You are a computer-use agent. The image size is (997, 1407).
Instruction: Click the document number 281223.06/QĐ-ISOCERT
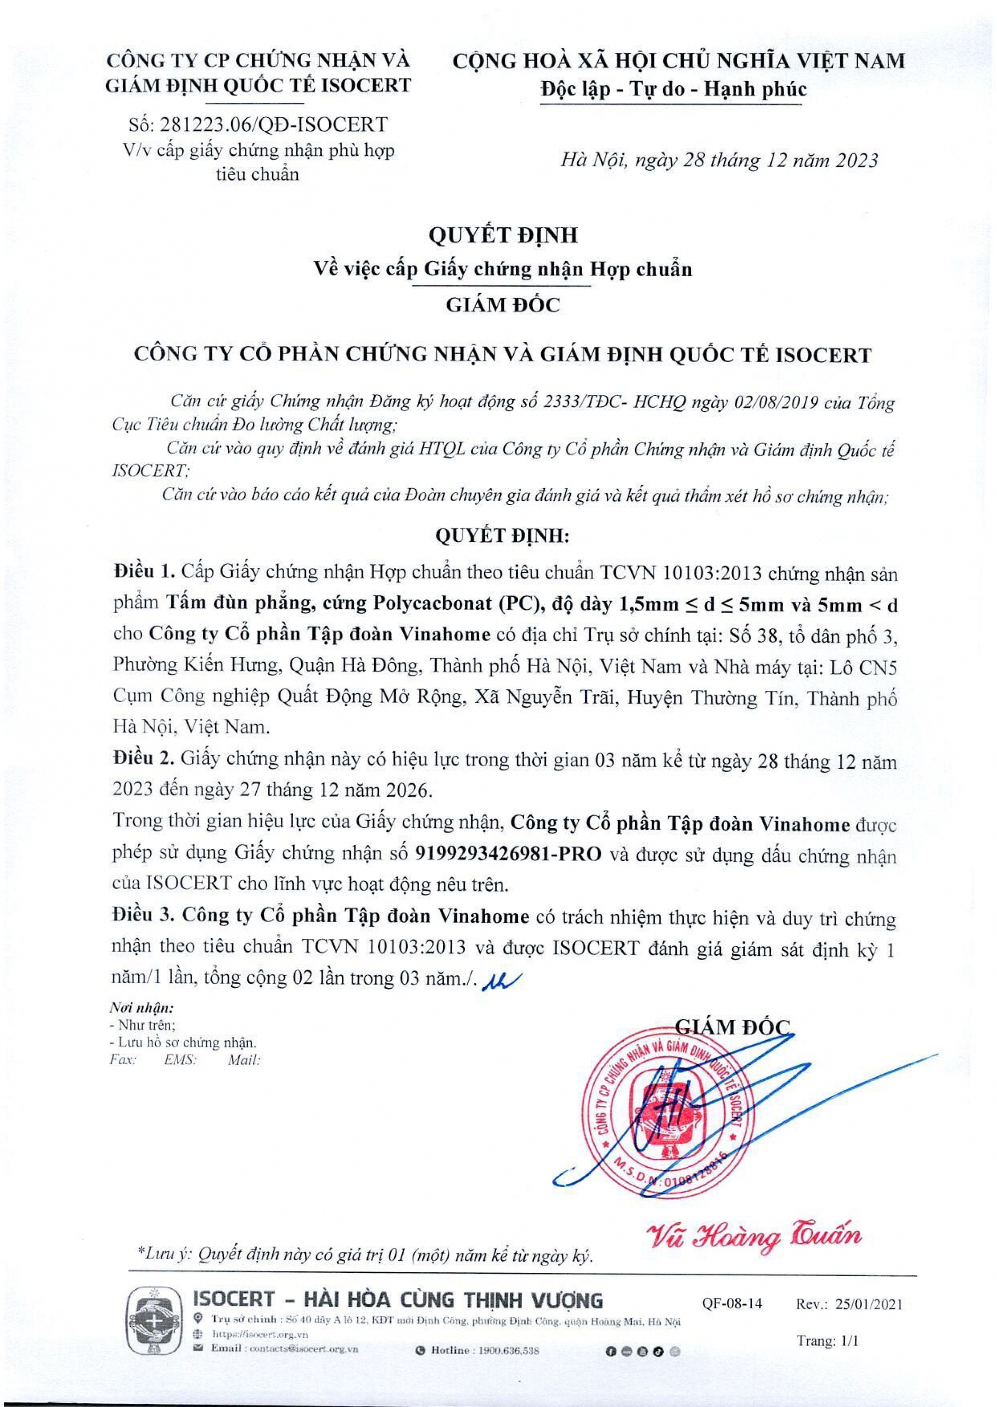273,125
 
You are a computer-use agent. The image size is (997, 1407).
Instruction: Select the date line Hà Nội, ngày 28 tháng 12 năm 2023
719,161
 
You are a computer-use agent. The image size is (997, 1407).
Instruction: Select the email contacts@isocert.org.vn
304,1349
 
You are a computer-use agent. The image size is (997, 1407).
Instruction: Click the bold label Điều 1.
145,572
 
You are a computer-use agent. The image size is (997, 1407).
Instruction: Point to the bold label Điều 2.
144,759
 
